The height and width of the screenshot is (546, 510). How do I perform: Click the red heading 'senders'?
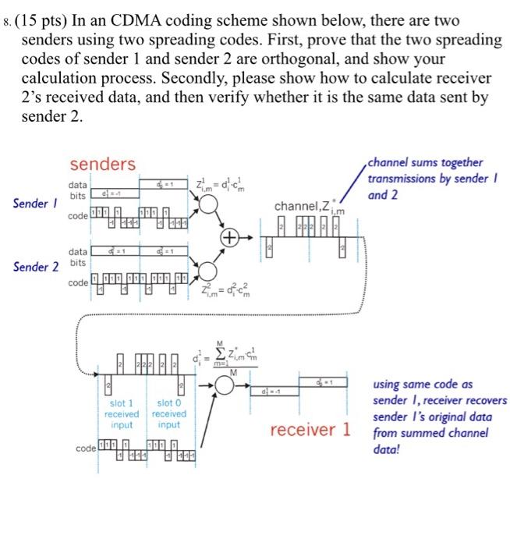click(102, 165)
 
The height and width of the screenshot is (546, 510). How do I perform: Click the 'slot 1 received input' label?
click(122, 414)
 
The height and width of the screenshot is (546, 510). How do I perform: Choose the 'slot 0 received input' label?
click(168, 414)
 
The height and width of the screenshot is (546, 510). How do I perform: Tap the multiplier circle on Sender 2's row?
click(209, 268)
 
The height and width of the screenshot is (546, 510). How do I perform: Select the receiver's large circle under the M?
click(230, 388)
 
